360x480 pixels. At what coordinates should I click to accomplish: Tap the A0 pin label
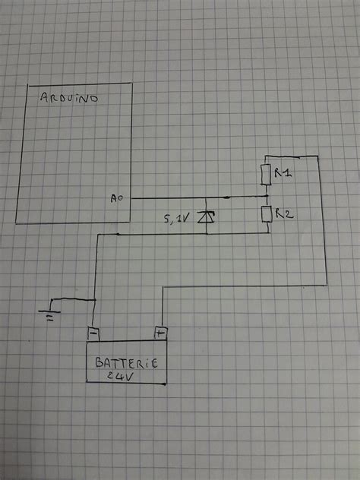[x=115, y=199]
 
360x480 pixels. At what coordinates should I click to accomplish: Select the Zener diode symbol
[x=203, y=218]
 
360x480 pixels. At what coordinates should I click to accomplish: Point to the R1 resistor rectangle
[x=266, y=175]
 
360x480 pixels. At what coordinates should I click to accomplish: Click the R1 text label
[x=283, y=174]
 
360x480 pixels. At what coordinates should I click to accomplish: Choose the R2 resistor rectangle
[x=267, y=214]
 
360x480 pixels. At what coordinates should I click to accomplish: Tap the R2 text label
[x=285, y=216]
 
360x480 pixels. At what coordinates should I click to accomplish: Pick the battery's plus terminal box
[x=160, y=332]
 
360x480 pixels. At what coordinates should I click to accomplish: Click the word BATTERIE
[x=126, y=363]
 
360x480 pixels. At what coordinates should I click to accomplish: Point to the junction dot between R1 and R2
[x=266, y=196]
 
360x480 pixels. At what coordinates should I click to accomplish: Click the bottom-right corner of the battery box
[x=165, y=386]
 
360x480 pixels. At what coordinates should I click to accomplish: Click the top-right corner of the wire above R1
[x=327, y=155]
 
